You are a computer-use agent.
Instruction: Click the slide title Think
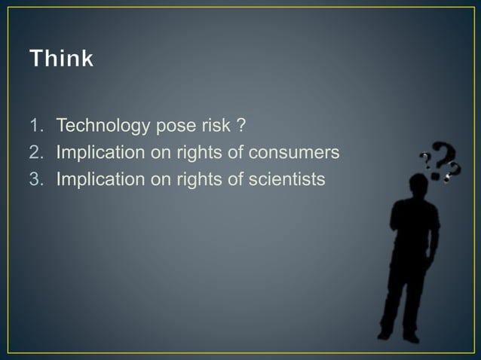click(x=62, y=58)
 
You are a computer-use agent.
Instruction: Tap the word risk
click(x=217, y=124)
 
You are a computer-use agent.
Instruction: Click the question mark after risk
click(x=242, y=124)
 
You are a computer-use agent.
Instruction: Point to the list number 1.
click(x=35, y=124)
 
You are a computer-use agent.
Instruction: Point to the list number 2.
click(x=35, y=152)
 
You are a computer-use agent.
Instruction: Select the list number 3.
click(x=35, y=179)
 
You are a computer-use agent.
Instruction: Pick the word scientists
click(x=286, y=179)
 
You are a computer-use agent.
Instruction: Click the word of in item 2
click(x=234, y=152)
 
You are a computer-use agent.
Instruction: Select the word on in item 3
click(x=161, y=179)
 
